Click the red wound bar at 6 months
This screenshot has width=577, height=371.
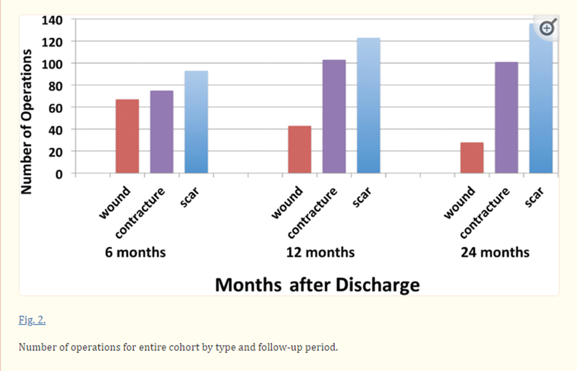[127, 136]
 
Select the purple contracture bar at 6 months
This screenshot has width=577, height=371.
[161, 131]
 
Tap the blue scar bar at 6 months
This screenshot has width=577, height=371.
[196, 122]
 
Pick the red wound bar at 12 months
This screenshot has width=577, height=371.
[300, 149]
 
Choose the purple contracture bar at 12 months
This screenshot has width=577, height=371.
[334, 116]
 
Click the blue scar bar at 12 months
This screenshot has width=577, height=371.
[368, 105]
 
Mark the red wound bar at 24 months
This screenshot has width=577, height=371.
[472, 157]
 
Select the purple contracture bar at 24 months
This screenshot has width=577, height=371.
[506, 117]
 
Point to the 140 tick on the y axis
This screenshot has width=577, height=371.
[52, 20]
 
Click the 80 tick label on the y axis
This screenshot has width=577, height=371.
[55, 86]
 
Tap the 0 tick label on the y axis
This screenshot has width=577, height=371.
[59, 174]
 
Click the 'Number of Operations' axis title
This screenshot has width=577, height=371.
[27, 121]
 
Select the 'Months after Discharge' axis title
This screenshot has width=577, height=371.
[318, 285]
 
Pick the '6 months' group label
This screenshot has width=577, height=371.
[135, 252]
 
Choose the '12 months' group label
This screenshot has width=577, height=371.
[320, 252]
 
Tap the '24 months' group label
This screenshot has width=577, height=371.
[495, 252]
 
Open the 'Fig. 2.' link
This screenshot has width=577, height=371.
[32, 320]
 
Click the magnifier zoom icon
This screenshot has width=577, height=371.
[547, 27]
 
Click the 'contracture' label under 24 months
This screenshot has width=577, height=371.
[485, 213]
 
